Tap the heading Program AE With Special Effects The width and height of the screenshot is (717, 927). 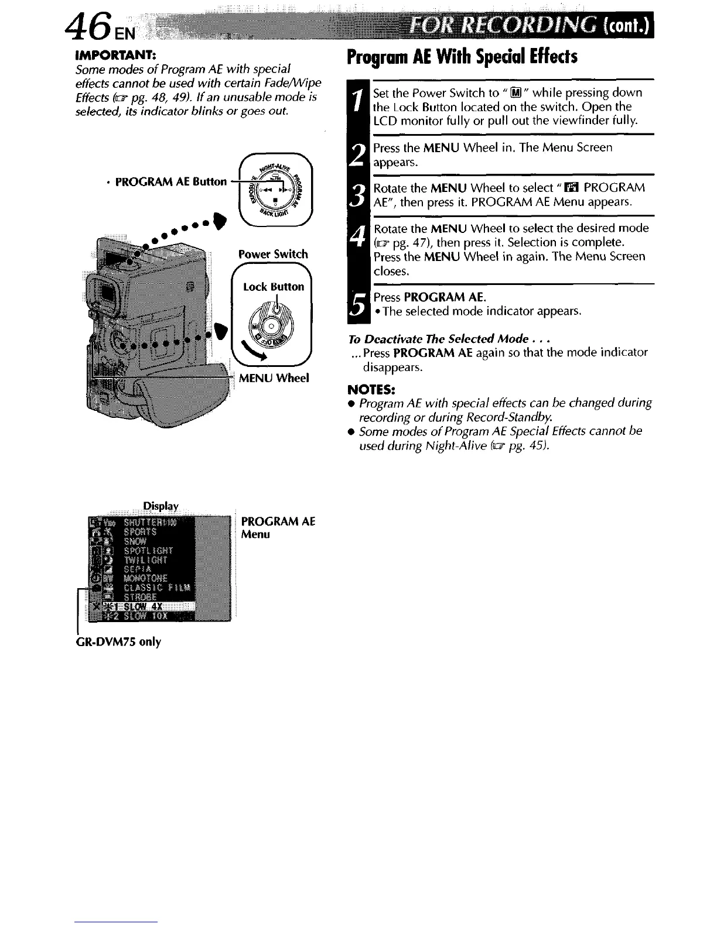(462, 57)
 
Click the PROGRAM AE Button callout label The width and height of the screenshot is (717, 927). (171, 181)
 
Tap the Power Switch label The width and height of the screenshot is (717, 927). (273, 254)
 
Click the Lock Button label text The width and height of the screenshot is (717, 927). (274, 287)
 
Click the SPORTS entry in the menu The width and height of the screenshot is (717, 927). (140, 532)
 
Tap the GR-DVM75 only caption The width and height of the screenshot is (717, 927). (119, 642)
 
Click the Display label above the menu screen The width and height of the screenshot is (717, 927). (161, 506)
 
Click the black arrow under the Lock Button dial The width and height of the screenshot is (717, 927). (254, 351)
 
